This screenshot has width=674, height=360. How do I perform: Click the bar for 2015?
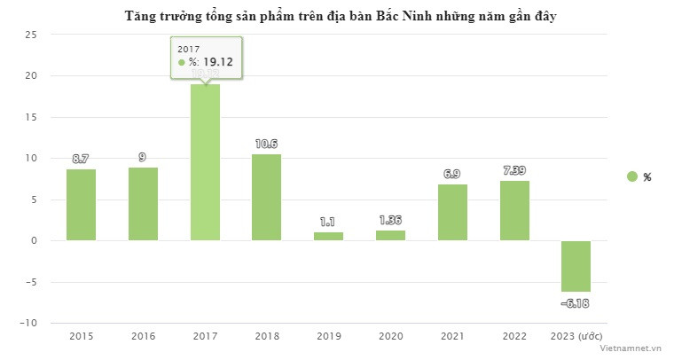tap(81, 205)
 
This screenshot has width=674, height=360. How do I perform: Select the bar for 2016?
tap(143, 204)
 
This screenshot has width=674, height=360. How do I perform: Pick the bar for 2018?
tap(266, 197)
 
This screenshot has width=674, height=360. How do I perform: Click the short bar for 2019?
tap(328, 236)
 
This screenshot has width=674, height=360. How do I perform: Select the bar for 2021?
tap(452, 212)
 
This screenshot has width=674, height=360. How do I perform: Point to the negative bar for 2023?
tap(576, 266)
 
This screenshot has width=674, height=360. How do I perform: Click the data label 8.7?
tap(81, 159)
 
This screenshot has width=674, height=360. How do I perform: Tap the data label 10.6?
tap(266, 145)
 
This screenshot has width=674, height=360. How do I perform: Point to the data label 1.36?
tap(390, 221)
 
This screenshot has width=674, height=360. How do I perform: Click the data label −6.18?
tap(576, 303)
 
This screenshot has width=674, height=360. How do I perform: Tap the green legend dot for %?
tap(631, 176)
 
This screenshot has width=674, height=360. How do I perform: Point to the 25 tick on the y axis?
tap(31, 35)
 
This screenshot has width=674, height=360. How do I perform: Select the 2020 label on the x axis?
tap(390, 337)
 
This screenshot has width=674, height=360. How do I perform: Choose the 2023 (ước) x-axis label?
tap(576, 337)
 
